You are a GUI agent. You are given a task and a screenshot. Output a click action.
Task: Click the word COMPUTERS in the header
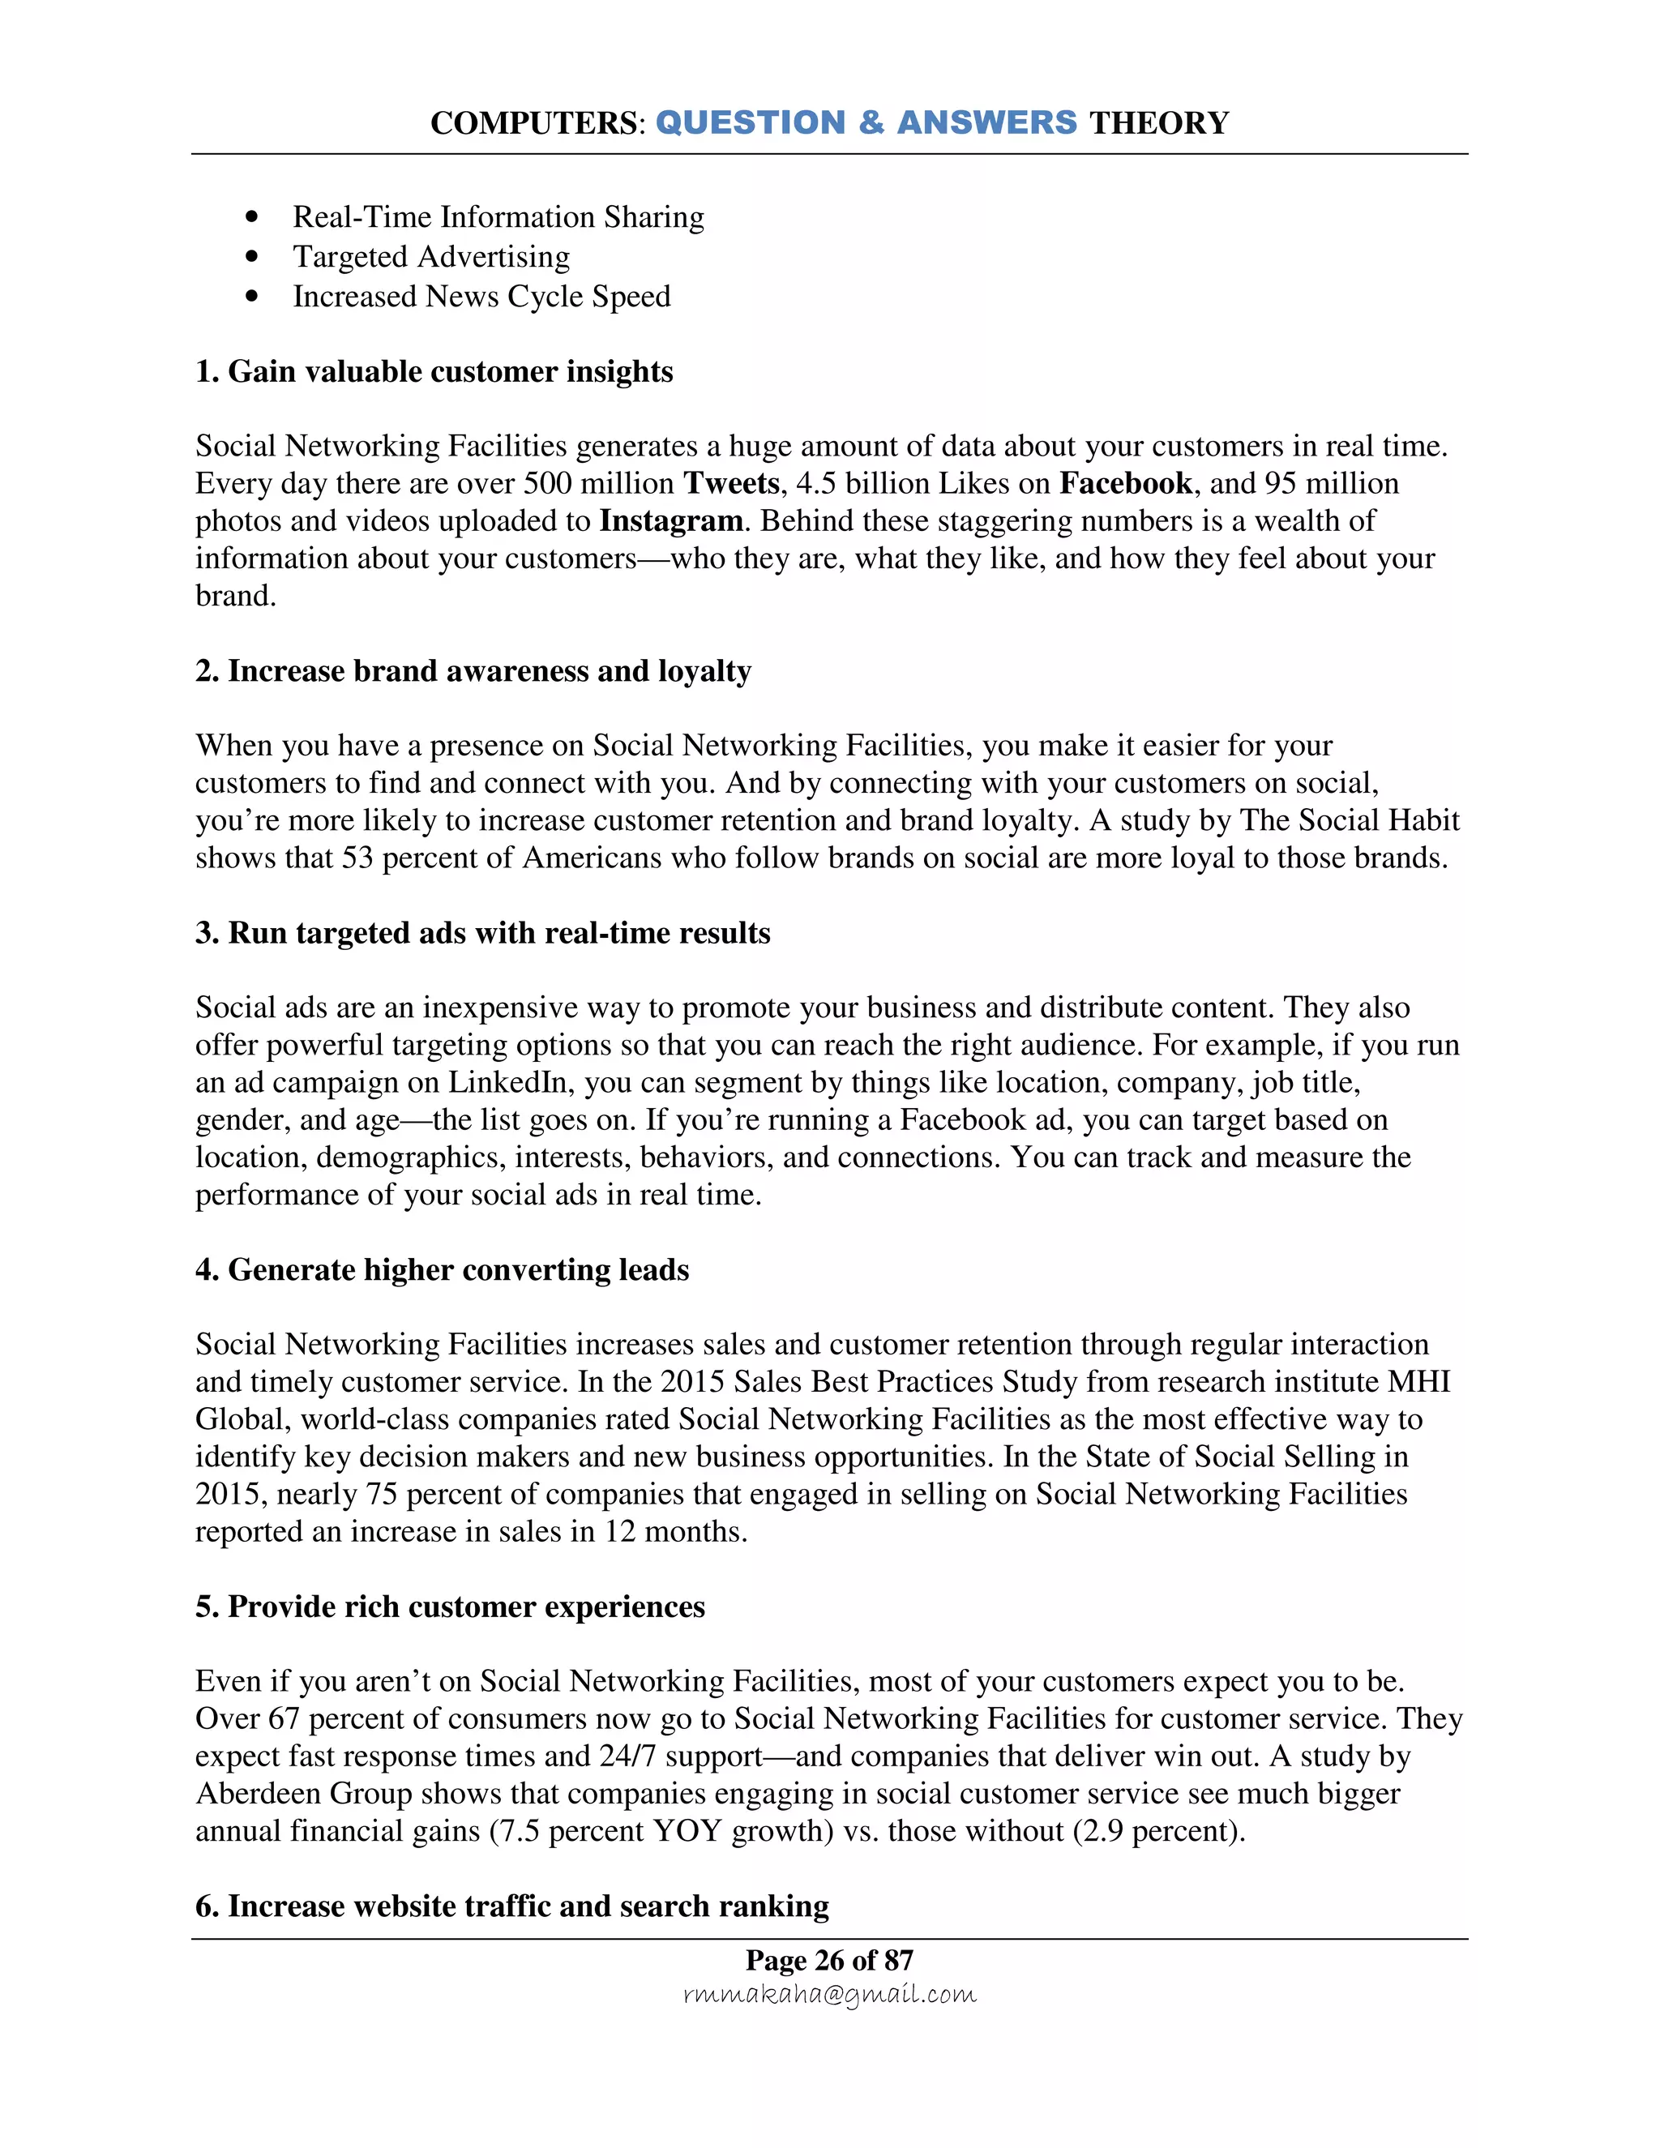(x=535, y=123)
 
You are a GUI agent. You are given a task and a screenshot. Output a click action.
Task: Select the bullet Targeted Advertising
(x=430, y=257)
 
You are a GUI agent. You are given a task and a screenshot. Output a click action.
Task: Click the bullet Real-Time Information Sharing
(x=498, y=217)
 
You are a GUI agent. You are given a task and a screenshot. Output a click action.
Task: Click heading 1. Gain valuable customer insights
(x=434, y=372)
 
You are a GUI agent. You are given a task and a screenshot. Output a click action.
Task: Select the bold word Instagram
(x=670, y=521)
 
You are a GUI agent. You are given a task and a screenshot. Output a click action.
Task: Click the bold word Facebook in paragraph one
(x=1125, y=484)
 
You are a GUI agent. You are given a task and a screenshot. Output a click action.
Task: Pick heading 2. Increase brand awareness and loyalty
(x=473, y=671)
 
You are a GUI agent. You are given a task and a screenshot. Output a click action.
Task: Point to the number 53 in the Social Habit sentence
(x=357, y=858)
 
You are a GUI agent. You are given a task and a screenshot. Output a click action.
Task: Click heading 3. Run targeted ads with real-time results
(x=482, y=932)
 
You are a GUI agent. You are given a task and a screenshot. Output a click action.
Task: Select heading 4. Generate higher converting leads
(x=442, y=1269)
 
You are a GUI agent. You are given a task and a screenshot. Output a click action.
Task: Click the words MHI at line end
(x=1418, y=1382)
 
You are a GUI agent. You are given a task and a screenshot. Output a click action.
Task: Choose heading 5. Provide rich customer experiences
(x=449, y=1607)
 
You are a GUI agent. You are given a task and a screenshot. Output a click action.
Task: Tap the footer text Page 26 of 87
(x=829, y=1960)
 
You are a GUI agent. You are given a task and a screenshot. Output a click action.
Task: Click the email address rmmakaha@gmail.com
(x=829, y=1995)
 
